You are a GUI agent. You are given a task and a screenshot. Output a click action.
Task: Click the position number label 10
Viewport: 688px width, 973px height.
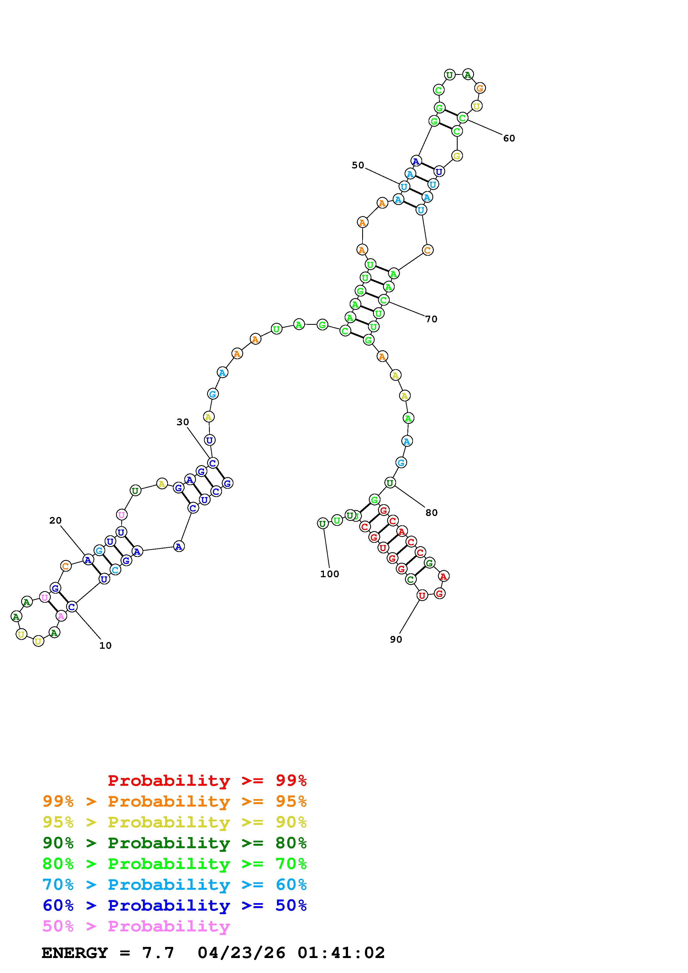click(x=105, y=645)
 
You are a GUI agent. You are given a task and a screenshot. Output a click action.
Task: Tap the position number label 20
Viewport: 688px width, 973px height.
click(x=56, y=520)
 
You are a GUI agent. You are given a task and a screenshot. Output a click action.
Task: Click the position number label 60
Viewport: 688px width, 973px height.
click(x=509, y=138)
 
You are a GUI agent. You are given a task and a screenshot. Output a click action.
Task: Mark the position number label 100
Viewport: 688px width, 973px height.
click(x=329, y=574)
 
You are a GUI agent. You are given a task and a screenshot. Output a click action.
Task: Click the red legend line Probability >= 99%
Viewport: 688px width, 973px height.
click(x=207, y=781)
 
